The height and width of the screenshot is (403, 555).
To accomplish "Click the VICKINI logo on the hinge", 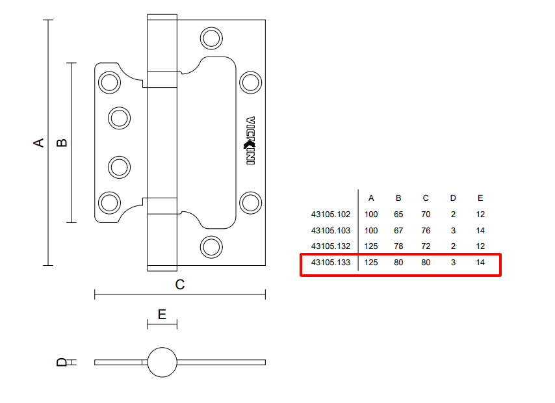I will point(250,141).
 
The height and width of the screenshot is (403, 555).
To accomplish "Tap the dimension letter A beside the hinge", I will point(39,142).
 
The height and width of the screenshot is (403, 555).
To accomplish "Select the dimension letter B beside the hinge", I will point(62,142).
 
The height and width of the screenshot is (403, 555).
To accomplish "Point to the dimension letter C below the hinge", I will point(180,284).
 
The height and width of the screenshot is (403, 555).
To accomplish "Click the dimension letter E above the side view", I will point(162,314).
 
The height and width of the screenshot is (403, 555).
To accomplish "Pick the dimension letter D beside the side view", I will point(62,362).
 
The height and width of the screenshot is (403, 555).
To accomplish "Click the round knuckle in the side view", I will point(162,362).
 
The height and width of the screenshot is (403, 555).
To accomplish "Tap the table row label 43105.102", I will point(331,214).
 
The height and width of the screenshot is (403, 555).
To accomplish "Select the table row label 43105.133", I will point(331,263).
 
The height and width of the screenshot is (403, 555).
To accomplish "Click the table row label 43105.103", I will point(331,230).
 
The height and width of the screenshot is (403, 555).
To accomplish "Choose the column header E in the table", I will point(480,198).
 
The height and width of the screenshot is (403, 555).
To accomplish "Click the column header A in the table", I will point(371,198).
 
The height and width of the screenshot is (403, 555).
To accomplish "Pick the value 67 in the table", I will point(398,230).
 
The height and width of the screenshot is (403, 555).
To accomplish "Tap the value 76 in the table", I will point(426,230).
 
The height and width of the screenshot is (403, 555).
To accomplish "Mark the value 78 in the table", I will point(398,246).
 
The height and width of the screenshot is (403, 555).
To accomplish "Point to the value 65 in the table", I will point(398,214).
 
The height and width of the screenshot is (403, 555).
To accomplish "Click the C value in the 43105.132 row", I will point(426,246).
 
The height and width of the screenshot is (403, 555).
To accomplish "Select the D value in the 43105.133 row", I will point(453,263).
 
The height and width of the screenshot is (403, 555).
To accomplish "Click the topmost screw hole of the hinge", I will point(211,38).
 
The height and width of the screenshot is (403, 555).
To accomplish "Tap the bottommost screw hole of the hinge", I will point(211,246).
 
